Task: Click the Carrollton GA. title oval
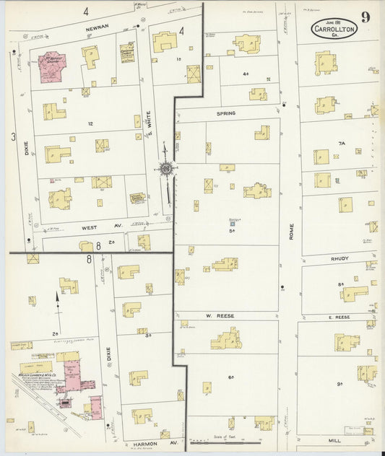pyautogui.click(x=333, y=28)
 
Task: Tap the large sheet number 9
pyautogui.click(x=366, y=17)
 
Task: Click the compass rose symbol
pyautogui.click(x=167, y=169)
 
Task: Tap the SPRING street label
pyautogui.click(x=226, y=114)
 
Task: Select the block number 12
pyautogui.click(x=90, y=124)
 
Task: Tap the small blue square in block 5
pyautogui.click(x=233, y=225)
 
